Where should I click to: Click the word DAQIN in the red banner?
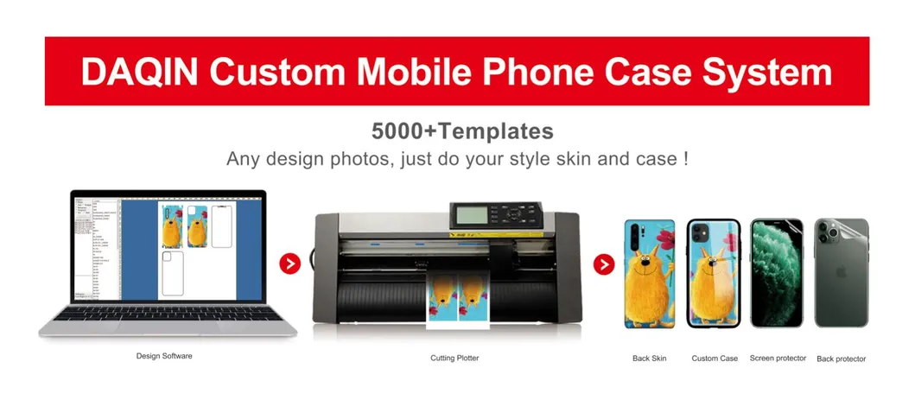pos(139,72)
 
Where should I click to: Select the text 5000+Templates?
pos(461,132)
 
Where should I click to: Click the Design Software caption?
pos(164,355)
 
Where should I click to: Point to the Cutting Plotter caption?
pos(454,358)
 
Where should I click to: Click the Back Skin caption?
pos(649,358)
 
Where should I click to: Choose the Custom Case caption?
pos(715,358)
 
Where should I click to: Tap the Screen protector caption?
pos(778,358)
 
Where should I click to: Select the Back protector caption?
pos(841,359)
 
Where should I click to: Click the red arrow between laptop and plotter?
pos(290,263)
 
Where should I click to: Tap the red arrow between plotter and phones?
pos(605,263)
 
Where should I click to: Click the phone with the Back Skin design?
pos(649,273)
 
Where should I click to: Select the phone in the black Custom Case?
pos(713,273)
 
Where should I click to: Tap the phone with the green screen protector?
pos(777,273)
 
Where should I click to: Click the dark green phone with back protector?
pos(841,273)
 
